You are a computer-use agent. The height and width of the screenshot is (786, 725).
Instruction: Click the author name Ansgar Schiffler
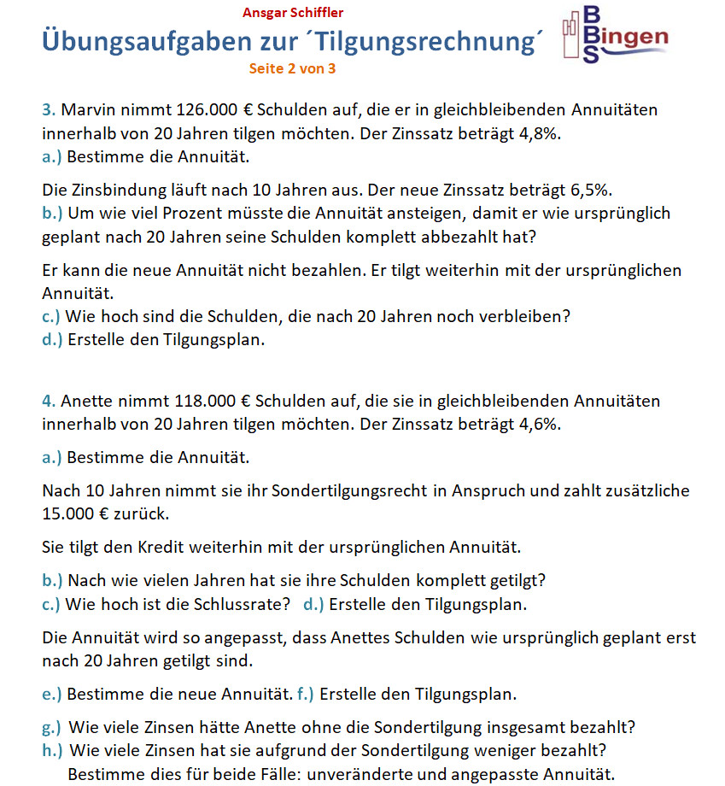293,13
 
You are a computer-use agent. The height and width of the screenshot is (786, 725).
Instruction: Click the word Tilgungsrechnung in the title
436,42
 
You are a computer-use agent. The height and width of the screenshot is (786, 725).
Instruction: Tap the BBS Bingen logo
615,35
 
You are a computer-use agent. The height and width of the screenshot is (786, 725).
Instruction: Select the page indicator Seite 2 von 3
292,69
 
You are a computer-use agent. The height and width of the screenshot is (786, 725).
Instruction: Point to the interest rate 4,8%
542,134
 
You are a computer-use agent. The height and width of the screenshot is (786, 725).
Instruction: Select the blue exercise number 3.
48,110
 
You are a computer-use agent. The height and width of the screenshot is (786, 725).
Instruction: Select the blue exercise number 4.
48,401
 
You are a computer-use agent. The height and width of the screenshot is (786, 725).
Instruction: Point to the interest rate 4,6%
543,425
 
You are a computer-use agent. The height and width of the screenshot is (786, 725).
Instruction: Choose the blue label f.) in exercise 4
305,693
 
